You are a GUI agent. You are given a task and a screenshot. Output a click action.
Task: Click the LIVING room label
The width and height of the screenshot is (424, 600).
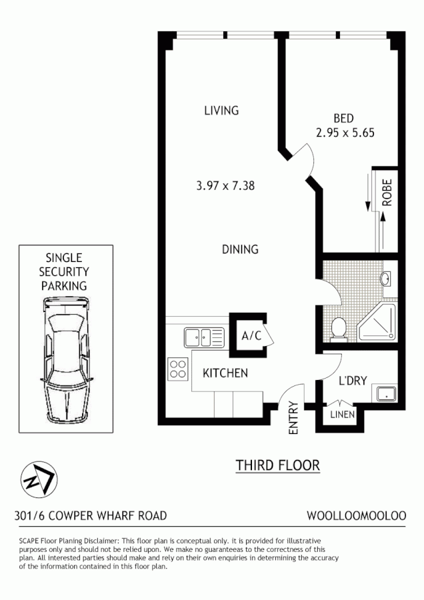point(221,111)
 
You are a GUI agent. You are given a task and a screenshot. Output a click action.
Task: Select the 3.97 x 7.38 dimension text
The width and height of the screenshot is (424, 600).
point(225,186)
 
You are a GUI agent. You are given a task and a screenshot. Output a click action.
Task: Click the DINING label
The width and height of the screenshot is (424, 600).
point(239,249)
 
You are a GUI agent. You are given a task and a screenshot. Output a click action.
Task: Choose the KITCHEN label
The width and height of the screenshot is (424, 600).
point(225,373)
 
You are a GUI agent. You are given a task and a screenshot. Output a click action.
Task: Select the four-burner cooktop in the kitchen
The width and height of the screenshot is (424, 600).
point(177,369)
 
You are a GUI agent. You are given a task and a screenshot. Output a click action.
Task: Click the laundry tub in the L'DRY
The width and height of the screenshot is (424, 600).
point(386,393)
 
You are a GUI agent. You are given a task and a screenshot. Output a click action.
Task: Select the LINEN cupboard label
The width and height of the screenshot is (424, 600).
point(343,415)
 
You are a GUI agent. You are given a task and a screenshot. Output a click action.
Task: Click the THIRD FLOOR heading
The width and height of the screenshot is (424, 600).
point(277,465)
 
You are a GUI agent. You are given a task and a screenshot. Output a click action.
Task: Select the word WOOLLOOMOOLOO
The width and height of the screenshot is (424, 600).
point(356,515)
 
